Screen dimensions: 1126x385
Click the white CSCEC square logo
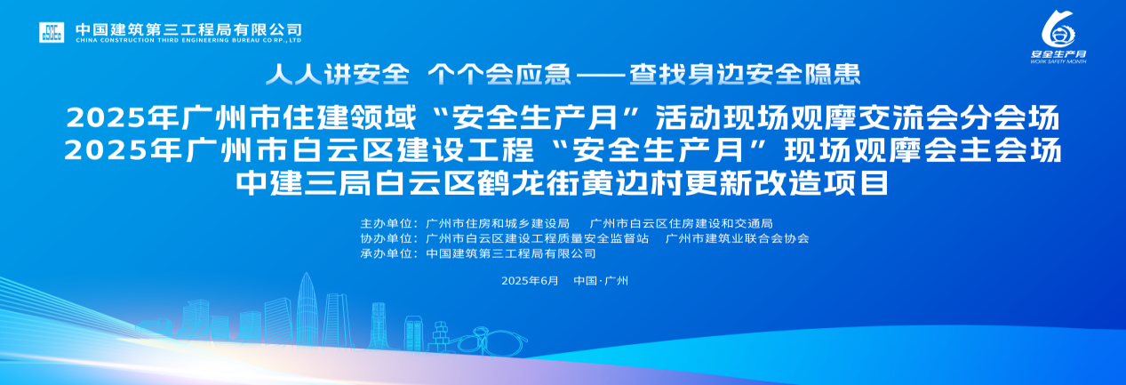click(x=52, y=32)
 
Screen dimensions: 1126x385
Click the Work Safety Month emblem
click(x=1058, y=29)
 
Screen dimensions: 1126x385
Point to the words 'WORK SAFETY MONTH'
click(x=1058, y=61)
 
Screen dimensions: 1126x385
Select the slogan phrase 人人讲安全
click(x=338, y=75)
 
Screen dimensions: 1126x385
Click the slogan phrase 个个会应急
click(x=499, y=75)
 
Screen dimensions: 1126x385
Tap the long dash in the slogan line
click(x=601, y=75)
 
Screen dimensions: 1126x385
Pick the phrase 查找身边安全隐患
click(x=745, y=75)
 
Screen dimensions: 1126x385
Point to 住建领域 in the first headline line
click(x=349, y=117)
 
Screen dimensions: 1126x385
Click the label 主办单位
click(x=387, y=223)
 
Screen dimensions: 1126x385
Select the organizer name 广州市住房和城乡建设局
click(x=498, y=223)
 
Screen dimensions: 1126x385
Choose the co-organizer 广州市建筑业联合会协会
click(x=738, y=238)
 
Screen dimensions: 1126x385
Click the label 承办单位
click(x=387, y=253)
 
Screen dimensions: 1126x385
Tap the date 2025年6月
click(x=530, y=280)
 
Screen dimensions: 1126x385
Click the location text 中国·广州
click(x=601, y=280)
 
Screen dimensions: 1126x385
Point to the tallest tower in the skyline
click(x=306, y=310)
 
